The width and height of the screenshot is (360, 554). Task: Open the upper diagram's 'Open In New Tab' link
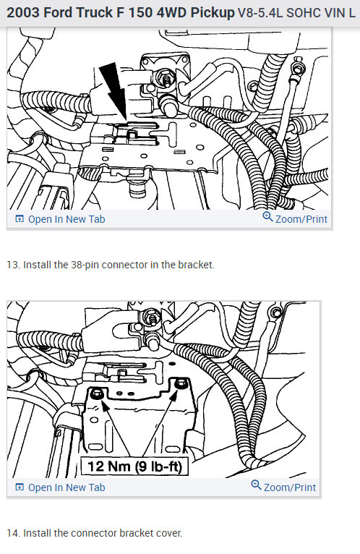point(67,219)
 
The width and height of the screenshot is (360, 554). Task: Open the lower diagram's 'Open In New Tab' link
point(67,487)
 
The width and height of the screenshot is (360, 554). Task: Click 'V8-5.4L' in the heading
point(262,13)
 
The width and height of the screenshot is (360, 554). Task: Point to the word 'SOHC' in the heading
point(307,13)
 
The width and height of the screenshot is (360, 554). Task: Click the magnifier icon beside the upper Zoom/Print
point(267,218)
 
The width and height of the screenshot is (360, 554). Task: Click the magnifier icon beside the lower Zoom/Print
point(256,486)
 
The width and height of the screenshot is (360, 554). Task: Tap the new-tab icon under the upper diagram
point(20,219)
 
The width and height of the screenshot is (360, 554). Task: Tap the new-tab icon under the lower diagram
point(20,487)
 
